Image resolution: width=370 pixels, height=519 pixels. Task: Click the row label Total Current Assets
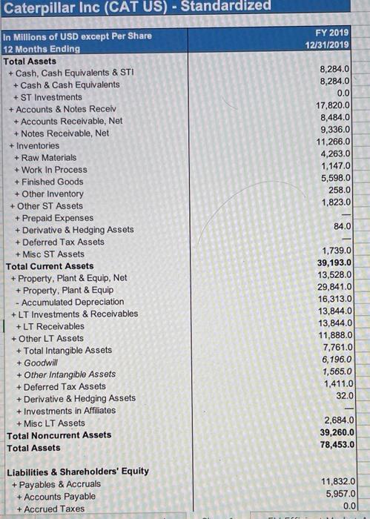click(x=50, y=265)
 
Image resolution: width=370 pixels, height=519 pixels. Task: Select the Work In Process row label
click(x=54, y=170)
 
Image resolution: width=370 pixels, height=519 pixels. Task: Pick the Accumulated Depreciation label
click(x=69, y=302)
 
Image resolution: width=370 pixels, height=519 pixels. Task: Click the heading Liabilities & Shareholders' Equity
click(x=77, y=471)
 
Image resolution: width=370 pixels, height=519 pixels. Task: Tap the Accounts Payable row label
click(x=59, y=496)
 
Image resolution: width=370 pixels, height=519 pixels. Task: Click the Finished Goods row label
click(x=52, y=182)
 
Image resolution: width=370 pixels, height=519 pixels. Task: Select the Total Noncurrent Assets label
click(x=59, y=435)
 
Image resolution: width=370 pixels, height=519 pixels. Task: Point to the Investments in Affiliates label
click(x=65, y=411)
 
